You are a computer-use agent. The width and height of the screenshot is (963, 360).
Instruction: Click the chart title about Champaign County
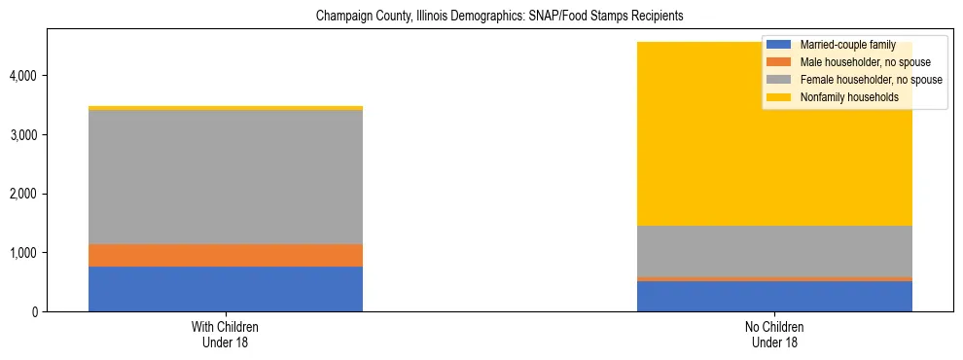coord(481,17)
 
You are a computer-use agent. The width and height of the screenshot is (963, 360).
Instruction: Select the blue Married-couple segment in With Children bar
coord(226,289)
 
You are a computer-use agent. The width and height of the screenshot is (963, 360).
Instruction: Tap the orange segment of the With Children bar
coord(226,255)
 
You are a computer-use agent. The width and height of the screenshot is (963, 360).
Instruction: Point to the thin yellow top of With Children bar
coord(226,108)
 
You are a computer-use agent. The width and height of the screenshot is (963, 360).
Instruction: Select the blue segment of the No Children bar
coord(774,297)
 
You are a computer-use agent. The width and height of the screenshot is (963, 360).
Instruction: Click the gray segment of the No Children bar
coord(774,251)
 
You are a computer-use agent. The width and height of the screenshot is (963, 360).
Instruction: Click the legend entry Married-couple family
coord(845,45)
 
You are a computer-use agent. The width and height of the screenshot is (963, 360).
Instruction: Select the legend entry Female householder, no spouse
coord(869,80)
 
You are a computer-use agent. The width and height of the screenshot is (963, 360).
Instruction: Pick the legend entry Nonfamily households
coord(842,97)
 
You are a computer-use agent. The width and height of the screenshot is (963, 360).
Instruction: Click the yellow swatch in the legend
coord(779,97)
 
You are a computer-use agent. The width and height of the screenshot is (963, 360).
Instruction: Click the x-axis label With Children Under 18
coord(226,335)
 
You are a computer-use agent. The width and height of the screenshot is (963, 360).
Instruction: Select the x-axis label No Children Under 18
coord(774,335)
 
